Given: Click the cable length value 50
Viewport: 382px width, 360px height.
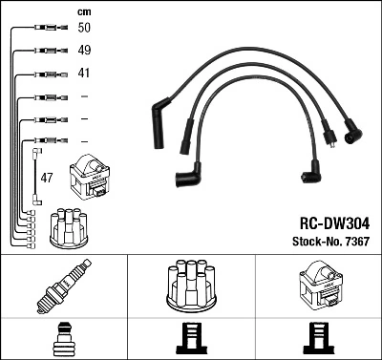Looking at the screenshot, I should (84, 29).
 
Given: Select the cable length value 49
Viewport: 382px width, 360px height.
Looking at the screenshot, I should (84, 51).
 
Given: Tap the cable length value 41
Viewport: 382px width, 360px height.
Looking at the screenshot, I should (84, 74).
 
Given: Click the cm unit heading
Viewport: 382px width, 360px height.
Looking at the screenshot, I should (83, 11).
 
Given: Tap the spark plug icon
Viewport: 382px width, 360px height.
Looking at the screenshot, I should (63, 286).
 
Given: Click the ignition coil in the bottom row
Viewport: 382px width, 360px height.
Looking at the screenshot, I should (318, 286).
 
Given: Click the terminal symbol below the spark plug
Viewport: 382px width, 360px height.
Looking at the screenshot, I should (63, 339).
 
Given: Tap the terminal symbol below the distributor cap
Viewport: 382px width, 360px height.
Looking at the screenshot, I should (191, 339).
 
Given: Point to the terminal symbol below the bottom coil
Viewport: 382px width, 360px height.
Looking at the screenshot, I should (318, 339).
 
